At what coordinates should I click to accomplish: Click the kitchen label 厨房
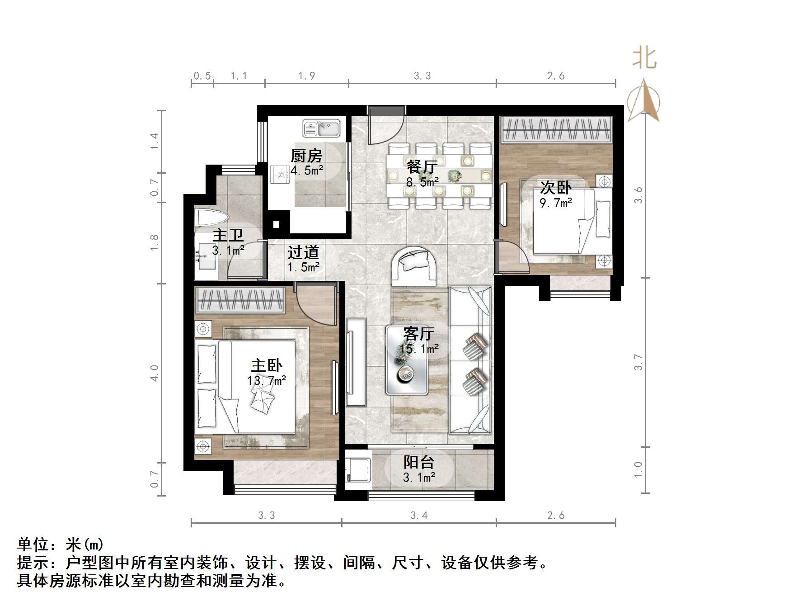(x=306, y=156)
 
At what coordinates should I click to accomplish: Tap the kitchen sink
(x=321, y=128)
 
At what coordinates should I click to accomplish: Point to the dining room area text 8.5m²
(x=422, y=182)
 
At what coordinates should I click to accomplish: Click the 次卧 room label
(x=556, y=187)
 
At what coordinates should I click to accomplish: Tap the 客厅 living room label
(x=419, y=334)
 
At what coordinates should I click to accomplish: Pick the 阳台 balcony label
(x=419, y=462)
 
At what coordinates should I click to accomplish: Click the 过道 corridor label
(x=304, y=252)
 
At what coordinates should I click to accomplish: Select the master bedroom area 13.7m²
(x=267, y=381)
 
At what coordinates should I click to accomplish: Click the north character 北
(x=644, y=58)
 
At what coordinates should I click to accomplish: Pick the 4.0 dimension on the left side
(x=155, y=373)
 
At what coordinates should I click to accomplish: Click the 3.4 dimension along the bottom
(x=419, y=515)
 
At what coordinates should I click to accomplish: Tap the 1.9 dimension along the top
(x=306, y=76)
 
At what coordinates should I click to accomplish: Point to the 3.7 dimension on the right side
(x=638, y=362)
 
